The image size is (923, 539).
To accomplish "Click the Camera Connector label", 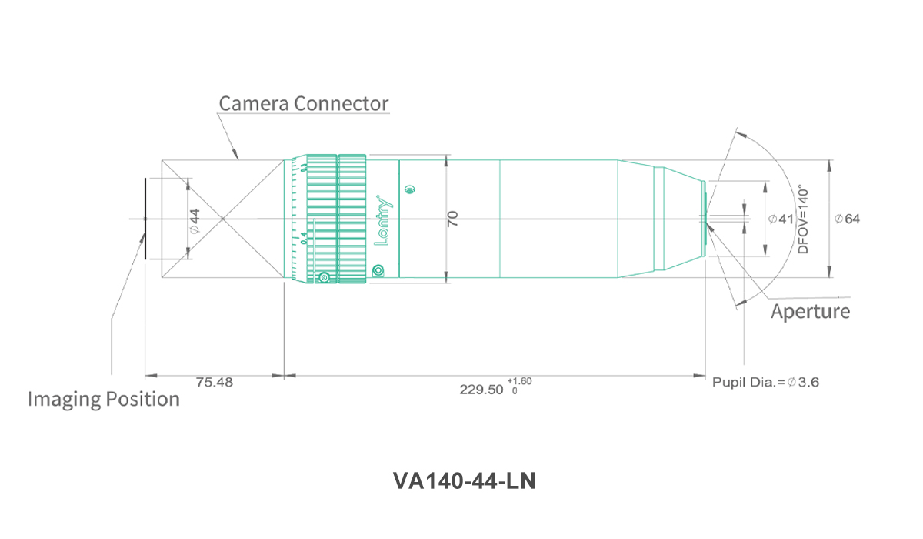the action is (x=304, y=103).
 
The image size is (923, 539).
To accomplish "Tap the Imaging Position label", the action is (x=104, y=399).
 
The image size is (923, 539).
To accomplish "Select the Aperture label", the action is (x=811, y=311).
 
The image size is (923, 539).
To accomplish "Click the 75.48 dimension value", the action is (x=215, y=382).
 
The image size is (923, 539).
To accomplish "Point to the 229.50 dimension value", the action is (x=481, y=390).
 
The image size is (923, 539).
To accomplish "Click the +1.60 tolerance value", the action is (x=519, y=381).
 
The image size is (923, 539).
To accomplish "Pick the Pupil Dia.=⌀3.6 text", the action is (x=765, y=382).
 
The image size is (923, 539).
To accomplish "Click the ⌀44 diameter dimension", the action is (x=195, y=221).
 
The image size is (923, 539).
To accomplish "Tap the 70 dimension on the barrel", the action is (x=452, y=219).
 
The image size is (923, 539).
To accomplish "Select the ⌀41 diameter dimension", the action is (x=781, y=219).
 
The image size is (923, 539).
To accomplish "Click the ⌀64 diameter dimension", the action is (x=847, y=219).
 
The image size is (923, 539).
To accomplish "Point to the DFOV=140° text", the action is (x=804, y=219).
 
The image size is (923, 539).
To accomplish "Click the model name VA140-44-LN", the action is (x=465, y=480).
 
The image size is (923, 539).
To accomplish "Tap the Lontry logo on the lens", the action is (x=383, y=220).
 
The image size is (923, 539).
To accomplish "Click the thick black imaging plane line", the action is (x=145, y=219).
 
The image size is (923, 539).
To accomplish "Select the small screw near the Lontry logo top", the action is (x=409, y=189).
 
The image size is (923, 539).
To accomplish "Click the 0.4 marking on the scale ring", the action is (x=304, y=238).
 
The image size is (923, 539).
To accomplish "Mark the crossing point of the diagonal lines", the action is (x=223, y=219).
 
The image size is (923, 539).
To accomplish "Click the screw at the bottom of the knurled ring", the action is (x=325, y=277).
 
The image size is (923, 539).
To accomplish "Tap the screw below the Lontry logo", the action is (x=378, y=271).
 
